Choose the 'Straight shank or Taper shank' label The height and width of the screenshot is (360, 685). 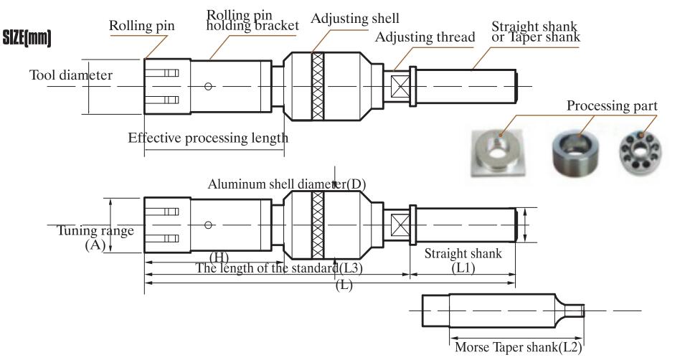[x=535, y=32]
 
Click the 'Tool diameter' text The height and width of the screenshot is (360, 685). [x=71, y=74]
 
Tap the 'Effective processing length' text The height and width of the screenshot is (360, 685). [x=207, y=138]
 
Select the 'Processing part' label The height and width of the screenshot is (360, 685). [x=612, y=106]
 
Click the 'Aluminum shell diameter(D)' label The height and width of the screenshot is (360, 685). [x=287, y=184]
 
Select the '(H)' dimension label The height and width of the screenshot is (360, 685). [x=219, y=256]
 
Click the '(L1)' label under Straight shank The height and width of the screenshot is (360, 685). [x=462, y=267]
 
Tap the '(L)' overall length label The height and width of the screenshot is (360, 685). [x=344, y=285]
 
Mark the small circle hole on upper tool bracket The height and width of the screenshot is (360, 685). [x=208, y=87]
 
